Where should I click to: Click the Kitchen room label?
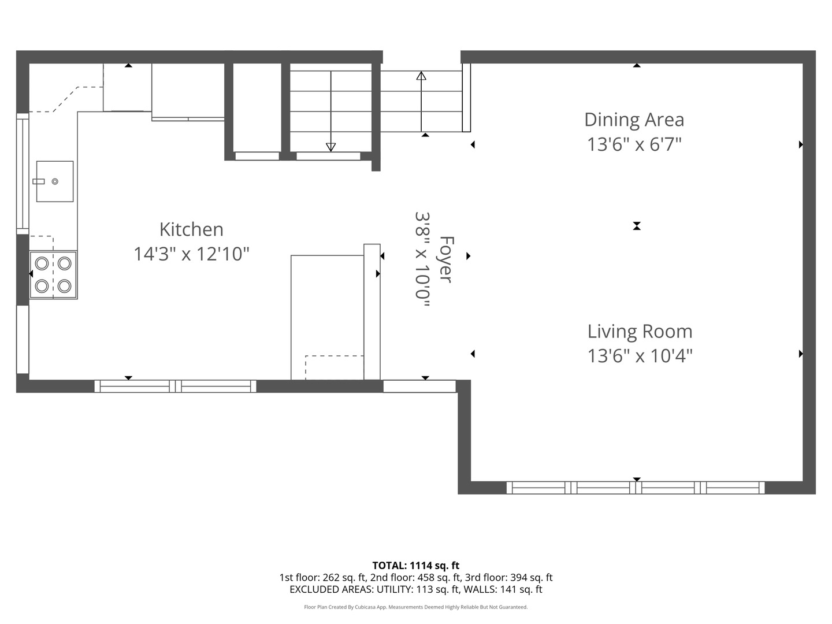pyautogui.click(x=191, y=229)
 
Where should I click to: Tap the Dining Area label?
pyautogui.click(x=634, y=120)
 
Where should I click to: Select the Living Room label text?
pyautogui.click(x=640, y=332)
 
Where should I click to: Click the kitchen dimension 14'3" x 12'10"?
pyautogui.click(x=191, y=254)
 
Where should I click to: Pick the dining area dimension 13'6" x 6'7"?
pyautogui.click(x=634, y=144)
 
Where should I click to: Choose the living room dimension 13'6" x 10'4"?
pyautogui.click(x=640, y=356)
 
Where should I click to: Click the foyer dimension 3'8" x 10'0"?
pyautogui.click(x=422, y=259)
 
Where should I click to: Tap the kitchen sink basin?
pyautogui.click(x=55, y=181)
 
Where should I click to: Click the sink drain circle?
pyautogui.click(x=55, y=181)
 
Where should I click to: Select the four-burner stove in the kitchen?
pyautogui.click(x=54, y=275)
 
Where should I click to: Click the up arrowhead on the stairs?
pyautogui.click(x=421, y=76)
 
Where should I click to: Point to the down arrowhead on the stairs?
pyautogui.click(x=331, y=147)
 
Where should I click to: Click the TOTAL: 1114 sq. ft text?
pyautogui.click(x=416, y=566)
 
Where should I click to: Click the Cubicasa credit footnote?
pyautogui.click(x=416, y=607)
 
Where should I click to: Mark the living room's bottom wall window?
pyautogui.click(x=636, y=488)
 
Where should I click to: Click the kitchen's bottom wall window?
pyautogui.click(x=175, y=387)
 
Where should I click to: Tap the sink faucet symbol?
pyautogui.click(x=39, y=181)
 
